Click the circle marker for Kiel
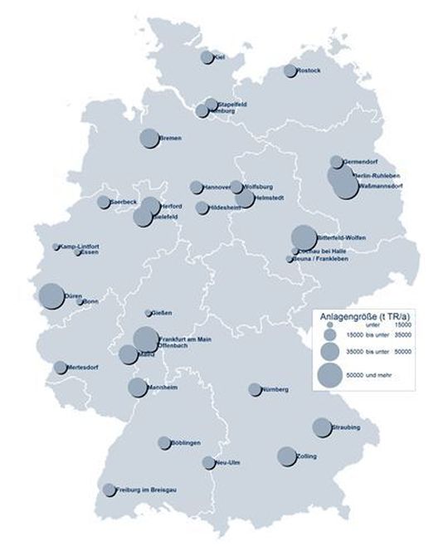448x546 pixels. pos(207,57)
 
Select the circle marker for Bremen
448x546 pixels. pos(149,139)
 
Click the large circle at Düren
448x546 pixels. pos(51,295)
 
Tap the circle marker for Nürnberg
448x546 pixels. pos(254,389)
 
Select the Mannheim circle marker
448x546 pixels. pos(138,388)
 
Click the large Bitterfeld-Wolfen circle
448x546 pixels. pos(303,237)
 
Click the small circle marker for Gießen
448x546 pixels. pos(149,313)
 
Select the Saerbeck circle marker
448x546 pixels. pos(103,202)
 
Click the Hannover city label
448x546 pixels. pos(217,188)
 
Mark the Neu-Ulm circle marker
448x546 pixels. pos(208,462)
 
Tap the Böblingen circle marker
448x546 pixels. pos(164,443)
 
